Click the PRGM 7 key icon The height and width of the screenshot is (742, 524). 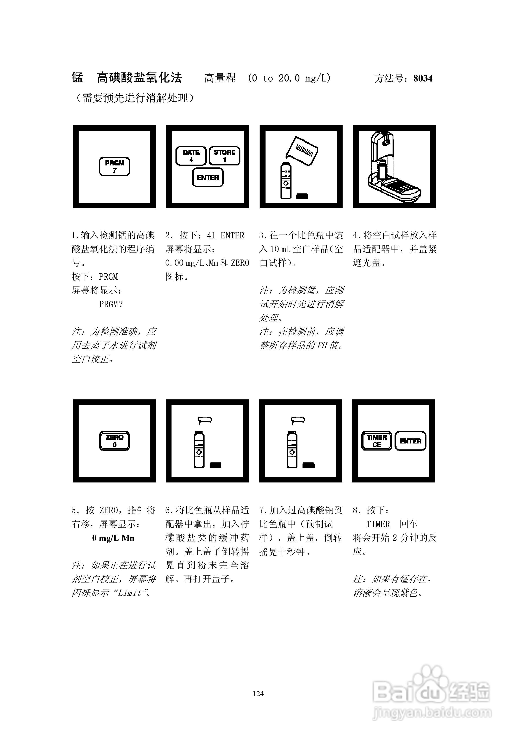tap(114, 167)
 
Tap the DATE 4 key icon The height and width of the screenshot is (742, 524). tap(191, 156)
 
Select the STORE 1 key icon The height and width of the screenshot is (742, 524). tap(225, 156)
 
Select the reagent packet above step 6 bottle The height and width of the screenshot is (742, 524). tap(205, 420)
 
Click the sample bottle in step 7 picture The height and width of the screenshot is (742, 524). tap(292, 450)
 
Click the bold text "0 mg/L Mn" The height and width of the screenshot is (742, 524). tap(113, 538)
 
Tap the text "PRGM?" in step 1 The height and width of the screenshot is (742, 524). tap(111, 304)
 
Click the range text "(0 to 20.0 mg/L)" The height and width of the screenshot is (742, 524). tap(289, 78)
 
